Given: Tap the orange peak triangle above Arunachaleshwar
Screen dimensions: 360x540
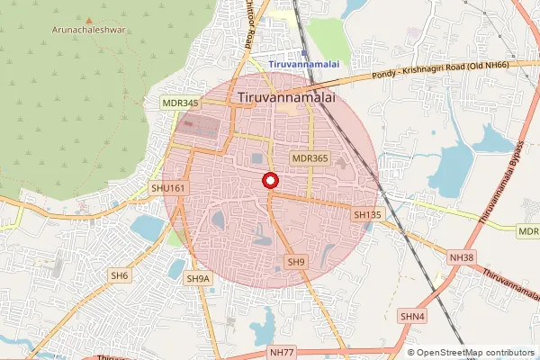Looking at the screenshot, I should pyautogui.click(x=89, y=18).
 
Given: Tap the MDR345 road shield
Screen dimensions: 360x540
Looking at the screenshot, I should pyautogui.click(x=180, y=103).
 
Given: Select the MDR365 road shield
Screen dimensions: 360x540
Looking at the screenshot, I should pyautogui.click(x=309, y=157).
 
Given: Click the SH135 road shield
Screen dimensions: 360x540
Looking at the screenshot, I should pyautogui.click(x=368, y=215).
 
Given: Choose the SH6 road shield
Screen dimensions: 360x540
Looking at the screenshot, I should pyautogui.click(x=121, y=275).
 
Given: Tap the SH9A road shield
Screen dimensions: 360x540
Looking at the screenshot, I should pyautogui.click(x=198, y=279).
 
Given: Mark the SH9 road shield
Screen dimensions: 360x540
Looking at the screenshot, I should pyautogui.click(x=296, y=262).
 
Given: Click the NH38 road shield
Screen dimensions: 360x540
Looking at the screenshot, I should pyautogui.click(x=461, y=258).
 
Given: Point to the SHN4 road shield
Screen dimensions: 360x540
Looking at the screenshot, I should pyautogui.click(x=413, y=316).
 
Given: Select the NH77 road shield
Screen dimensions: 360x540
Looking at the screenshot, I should pyautogui.click(x=282, y=353).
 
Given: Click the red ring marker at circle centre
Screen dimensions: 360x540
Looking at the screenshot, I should pyautogui.click(x=269, y=182).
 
